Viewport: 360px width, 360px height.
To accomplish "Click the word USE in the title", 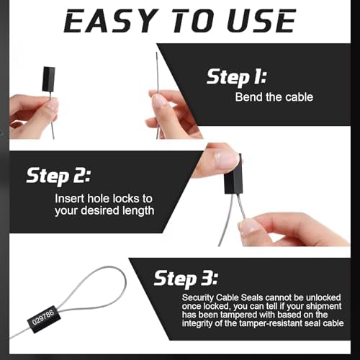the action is (x=262, y=21).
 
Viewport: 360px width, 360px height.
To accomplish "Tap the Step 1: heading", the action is (x=237, y=77).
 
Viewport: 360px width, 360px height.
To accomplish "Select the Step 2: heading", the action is (x=58, y=176).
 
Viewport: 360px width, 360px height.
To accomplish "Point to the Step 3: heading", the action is (x=186, y=279).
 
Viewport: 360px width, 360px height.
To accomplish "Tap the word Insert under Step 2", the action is (x=70, y=199).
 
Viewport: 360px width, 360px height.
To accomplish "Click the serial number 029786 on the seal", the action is (x=43, y=318).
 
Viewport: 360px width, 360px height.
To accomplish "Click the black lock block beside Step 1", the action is (x=49, y=79).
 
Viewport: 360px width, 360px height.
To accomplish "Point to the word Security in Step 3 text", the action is (x=197, y=298).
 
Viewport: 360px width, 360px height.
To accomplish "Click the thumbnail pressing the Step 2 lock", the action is (x=226, y=159).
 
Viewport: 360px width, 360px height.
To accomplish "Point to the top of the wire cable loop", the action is (x=108, y=267).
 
